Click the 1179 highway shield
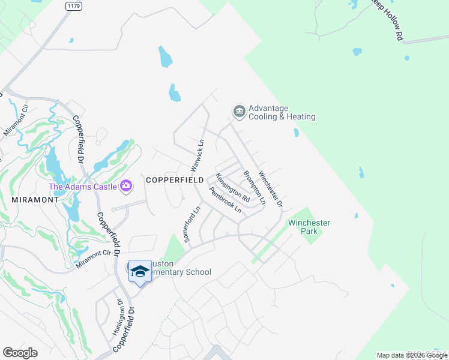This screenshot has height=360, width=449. [x=73, y=5]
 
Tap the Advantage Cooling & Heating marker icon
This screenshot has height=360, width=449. [x=238, y=111]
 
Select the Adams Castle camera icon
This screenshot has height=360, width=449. [x=126, y=185]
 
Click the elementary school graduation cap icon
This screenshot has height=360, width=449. [x=140, y=271]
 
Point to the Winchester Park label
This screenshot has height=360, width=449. [x=309, y=227]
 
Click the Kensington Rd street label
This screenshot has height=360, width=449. [x=232, y=187]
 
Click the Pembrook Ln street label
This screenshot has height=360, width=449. [x=225, y=200]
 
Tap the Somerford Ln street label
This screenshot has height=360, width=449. [x=191, y=224]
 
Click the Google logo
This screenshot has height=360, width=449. [x=20, y=353]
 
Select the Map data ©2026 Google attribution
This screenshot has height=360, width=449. [x=412, y=355]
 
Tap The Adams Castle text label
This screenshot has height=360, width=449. [x=83, y=186]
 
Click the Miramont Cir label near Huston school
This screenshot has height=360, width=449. [x=94, y=259]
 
